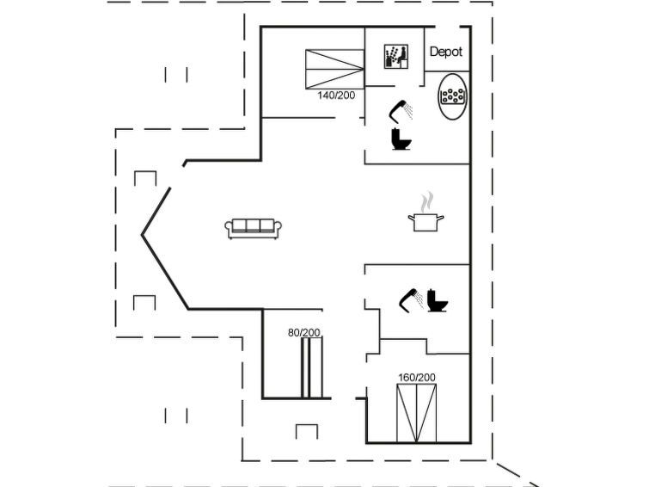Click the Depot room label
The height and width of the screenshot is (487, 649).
[446, 52]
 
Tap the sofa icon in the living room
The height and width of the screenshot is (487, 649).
[254, 228]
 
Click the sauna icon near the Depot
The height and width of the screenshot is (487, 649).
[396, 57]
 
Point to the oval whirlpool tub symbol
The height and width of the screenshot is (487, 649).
[453, 96]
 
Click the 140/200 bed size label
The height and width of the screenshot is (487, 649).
[336, 96]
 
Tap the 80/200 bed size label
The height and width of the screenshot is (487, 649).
[303, 332]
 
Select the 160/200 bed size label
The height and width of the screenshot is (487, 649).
[417, 378]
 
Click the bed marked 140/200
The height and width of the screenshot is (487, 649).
[334, 69]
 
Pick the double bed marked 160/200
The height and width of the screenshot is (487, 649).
[416, 413]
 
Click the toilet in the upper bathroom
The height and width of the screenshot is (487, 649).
[401, 139]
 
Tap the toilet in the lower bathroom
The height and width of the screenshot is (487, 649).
[438, 300]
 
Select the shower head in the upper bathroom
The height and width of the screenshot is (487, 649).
[401, 112]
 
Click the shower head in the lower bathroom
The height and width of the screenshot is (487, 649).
[411, 299]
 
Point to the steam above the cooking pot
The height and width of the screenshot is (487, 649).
[427, 202]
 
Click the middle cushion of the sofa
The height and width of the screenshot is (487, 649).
[254, 225]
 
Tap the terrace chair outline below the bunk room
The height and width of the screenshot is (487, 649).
[307, 431]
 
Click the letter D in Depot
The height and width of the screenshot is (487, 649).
[433, 52]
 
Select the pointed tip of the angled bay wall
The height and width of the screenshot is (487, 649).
[142, 235]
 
